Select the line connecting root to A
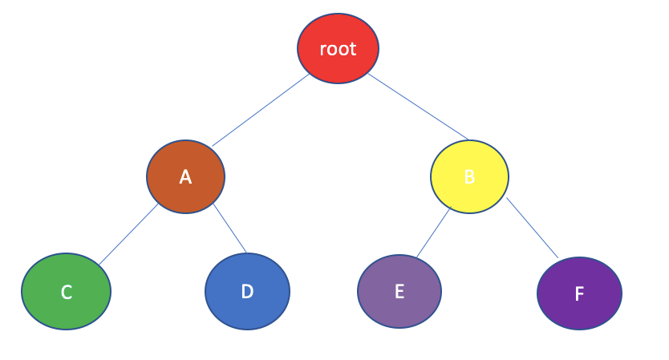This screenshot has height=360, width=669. [x=261, y=111]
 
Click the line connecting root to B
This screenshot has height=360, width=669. [x=418, y=107]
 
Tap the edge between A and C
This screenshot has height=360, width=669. [x=128, y=234]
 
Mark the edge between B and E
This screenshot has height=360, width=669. [x=433, y=233]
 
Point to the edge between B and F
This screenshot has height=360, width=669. [x=532, y=228]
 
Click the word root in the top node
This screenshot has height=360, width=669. [x=338, y=49]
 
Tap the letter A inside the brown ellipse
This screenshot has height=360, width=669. [x=185, y=177]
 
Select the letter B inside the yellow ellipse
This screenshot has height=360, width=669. [x=469, y=177]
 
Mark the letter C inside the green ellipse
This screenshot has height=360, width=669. [x=67, y=293]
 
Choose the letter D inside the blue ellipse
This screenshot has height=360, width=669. [x=247, y=292]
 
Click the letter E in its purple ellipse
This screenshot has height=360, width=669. [x=399, y=291]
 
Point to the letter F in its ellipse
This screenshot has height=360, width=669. [x=579, y=294]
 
